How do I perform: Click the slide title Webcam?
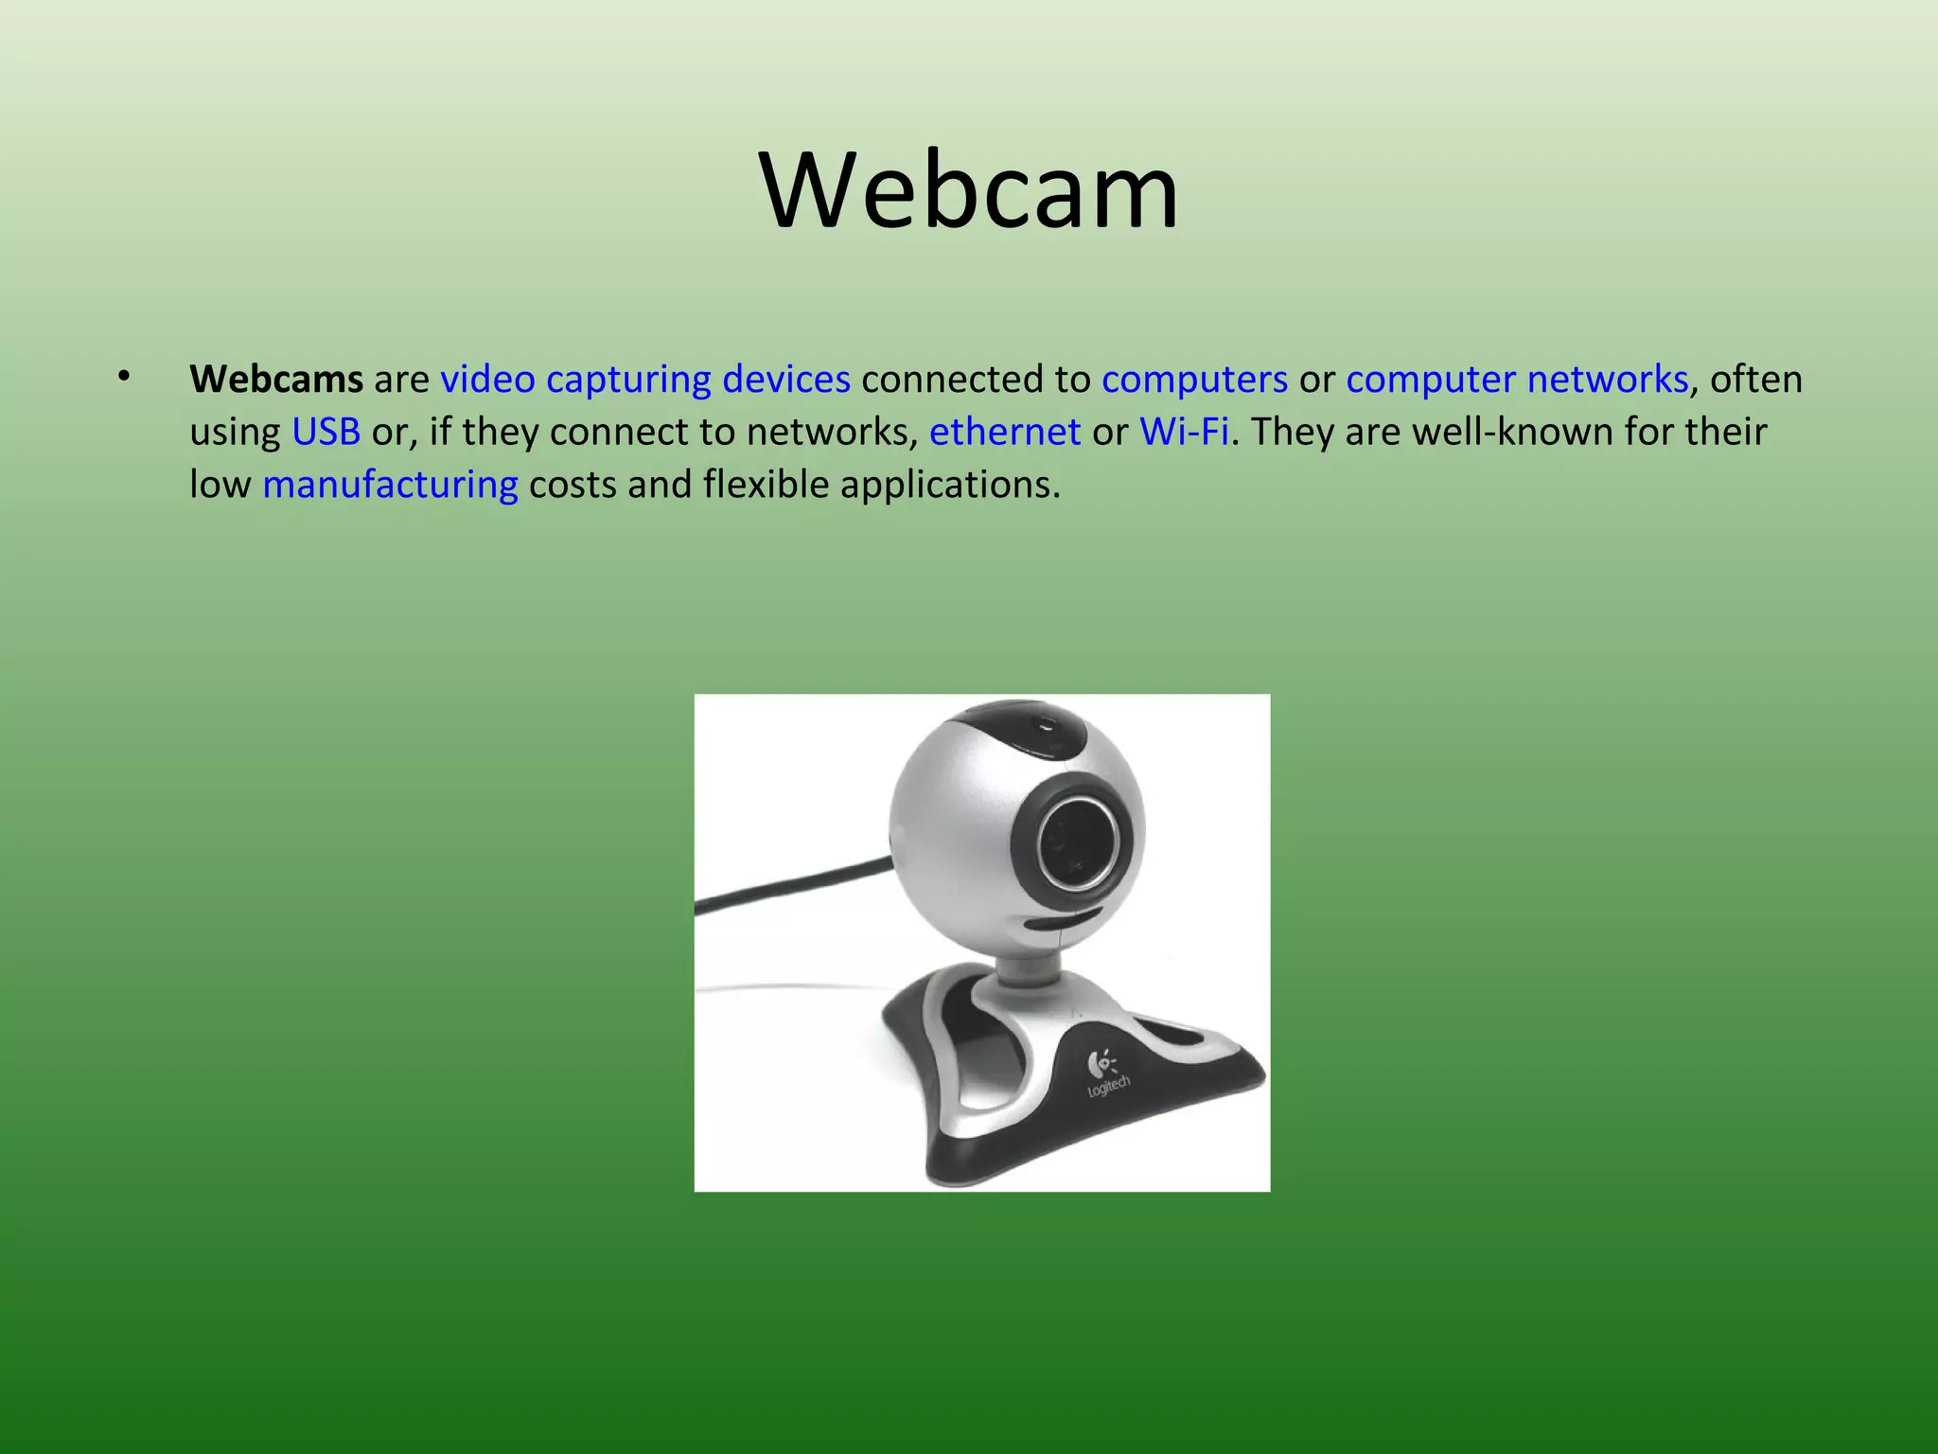pyautogui.click(x=969, y=191)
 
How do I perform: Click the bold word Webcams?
pyautogui.click(x=275, y=380)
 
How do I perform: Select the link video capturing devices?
pyautogui.click(x=645, y=380)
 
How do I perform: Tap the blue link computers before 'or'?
pyautogui.click(x=1194, y=380)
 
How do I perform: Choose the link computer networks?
pyautogui.click(x=1516, y=380)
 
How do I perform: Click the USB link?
pyautogui.click(x=326, y=433)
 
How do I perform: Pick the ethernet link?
pyautogui.click(x=1004, y=433)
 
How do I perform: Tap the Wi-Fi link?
pyautogui.click(x=1183, y=433)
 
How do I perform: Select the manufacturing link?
pyautogui.click(x=390, y=486)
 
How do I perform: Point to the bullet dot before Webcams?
pyautogui.click(x=123, y=378)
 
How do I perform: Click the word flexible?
pyautogui.click(x=766, y=486)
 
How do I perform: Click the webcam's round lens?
pyautogui.click(x=1078, y=842)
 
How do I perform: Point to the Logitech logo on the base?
pyautogui.click(x=1104, y=1074)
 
